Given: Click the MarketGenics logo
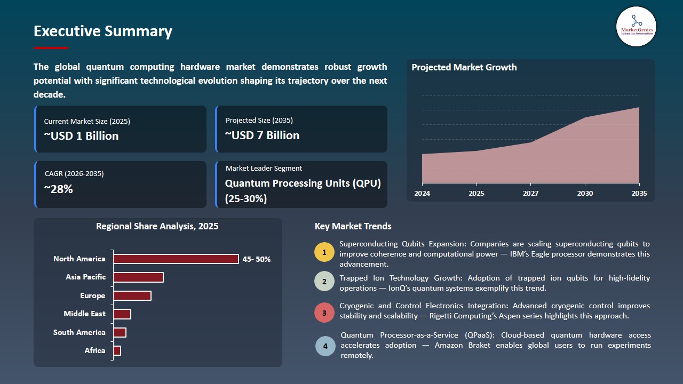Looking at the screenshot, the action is pos(636,26).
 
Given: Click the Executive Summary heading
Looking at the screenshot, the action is pos(102,31).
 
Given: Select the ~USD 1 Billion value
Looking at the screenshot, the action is pos(81,136).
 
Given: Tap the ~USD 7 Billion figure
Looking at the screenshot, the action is pos(262,135).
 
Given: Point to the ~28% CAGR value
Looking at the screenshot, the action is pos(58,189).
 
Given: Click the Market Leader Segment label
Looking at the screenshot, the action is pos(264,169).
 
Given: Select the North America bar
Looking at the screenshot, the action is pos(176,259).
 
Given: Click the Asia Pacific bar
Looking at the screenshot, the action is pos(138,277).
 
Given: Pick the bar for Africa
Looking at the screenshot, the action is pos(117,350).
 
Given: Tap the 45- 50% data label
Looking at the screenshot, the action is pos(256,259).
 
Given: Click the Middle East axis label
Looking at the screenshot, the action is pos(84,314).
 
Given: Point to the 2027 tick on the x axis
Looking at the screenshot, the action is pos(531,194).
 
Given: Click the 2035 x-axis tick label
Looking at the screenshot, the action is pos(639,194).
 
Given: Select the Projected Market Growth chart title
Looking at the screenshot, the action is pos(464,68).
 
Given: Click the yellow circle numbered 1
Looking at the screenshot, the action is pos(324,252).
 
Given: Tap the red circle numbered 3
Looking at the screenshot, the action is pos(324,313).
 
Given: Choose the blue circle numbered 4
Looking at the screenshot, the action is pos(325,346).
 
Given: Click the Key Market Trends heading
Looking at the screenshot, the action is pos(353,227).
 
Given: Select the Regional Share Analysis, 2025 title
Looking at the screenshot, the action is pos(157,227).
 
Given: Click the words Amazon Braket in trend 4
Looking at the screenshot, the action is pos(459,346).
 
